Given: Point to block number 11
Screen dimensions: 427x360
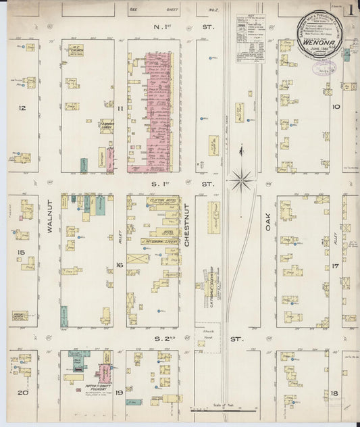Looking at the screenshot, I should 119,108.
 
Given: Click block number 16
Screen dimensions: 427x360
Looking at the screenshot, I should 119,266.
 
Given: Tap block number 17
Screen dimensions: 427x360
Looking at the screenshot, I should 335,266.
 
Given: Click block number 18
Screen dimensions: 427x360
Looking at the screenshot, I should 335,392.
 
